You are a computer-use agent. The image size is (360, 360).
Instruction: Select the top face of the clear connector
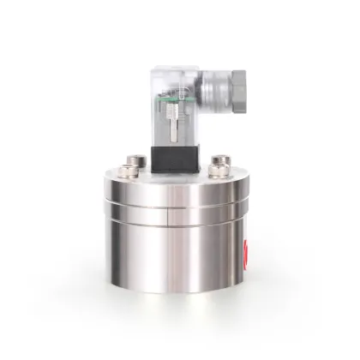(x=171, y=70)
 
